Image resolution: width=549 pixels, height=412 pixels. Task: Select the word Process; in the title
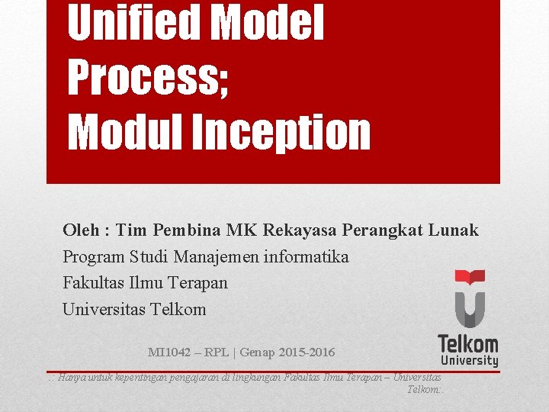[149, 78]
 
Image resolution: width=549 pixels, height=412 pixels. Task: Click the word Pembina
[185, 230]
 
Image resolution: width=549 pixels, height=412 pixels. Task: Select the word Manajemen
[222, 256]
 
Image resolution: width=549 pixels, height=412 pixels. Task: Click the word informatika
[307, 256]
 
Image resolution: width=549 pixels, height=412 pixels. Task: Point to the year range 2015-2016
[306, 352]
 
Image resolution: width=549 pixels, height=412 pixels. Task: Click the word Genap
[260, 352]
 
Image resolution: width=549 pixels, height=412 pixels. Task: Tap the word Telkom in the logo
[468, 343]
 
